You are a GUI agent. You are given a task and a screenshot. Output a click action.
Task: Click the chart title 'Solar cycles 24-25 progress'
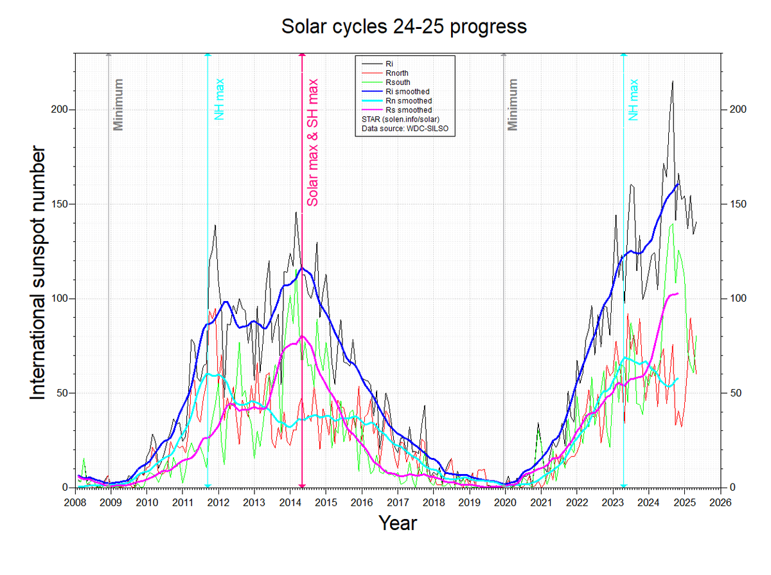click(x=404, y=27)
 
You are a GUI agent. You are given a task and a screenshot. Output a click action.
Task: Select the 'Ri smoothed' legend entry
click(x=407, y=92)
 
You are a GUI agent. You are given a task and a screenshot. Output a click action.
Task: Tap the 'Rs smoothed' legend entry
click(x=408, y=110)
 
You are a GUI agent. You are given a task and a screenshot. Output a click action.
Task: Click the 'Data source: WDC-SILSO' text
click(x=404, y=129)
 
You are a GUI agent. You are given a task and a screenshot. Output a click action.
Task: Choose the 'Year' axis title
click(x=397, y=522)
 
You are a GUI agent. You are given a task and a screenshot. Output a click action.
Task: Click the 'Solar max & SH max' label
click(x=313, y=142)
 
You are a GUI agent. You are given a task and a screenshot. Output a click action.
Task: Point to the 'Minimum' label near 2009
click(x=118, y=105)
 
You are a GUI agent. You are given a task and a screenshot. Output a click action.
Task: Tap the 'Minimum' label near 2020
click(x=512, y=105)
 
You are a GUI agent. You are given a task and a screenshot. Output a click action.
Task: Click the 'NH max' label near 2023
click(x=634, y=100)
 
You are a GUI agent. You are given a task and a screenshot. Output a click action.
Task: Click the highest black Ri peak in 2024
click(x=672, y=82)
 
